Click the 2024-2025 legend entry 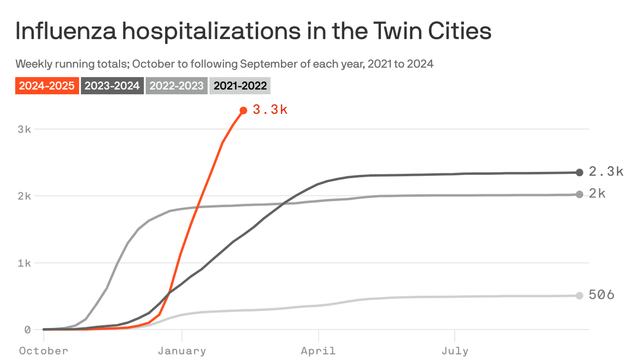click(47, 86)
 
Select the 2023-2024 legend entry click(112, 86)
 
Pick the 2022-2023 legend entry click(177, 86)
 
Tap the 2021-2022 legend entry click(240, 86)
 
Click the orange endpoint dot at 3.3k click(243, 111)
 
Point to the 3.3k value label click(270, 110)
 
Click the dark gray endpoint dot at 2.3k click(580, 172)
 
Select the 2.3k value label click(606, 172)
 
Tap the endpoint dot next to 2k click(580, 195)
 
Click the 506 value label click(601, 295)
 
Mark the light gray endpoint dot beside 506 click(580, 296)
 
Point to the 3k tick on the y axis click(24, 129)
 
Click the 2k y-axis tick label click(24, 196)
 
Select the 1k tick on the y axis click(24, 263)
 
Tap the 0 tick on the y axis click(27, 330)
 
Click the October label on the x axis click(44, 351)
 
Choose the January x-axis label click(182, 351)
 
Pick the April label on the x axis click(319, 351)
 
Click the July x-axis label click(455, 351)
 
